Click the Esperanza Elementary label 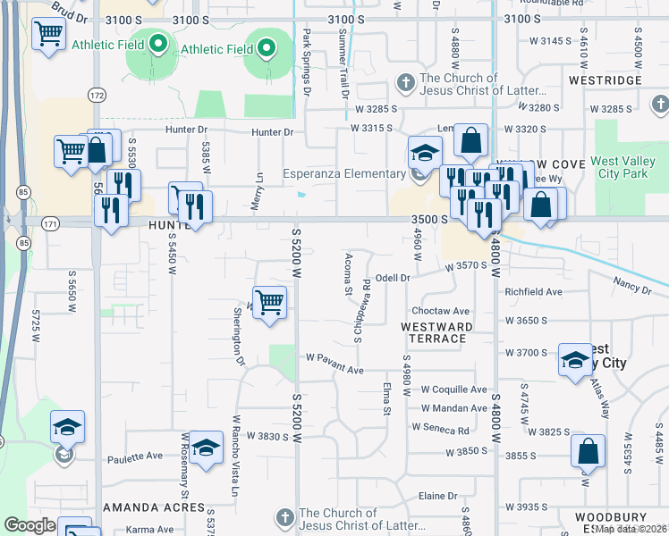click(344, 174)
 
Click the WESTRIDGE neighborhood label click(605, 80)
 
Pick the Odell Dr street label click(392, 278)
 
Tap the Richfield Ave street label click(533, 292)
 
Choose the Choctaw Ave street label click(440, 311)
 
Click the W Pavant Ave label click(334, 369)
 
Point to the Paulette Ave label click(136, 456)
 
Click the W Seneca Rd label click(441, 429)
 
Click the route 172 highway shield click(97, 94)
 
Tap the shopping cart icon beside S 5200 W click(269, 301)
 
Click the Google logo click(30, 525)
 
